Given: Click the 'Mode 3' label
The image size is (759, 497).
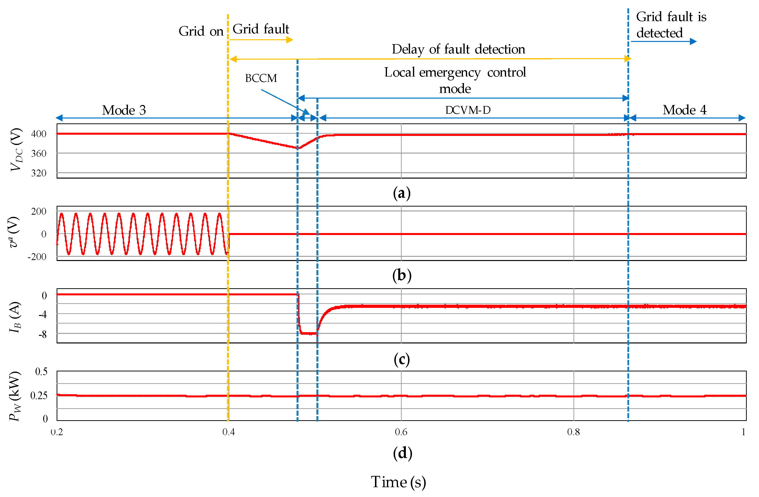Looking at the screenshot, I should pyautogui.click(x=124, y=110).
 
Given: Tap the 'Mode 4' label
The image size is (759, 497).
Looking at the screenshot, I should pyautogui.click(x=684, y=110).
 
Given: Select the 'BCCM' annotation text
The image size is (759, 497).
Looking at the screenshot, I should pyautogui.click(x=261, y=78).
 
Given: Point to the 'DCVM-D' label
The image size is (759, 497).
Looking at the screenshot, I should pyautogui.click(x=468, y=110).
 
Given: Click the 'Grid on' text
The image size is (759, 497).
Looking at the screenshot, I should pyautogui.click(x=201, y=31).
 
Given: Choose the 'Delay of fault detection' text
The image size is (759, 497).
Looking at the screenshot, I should pyautogui.click(x=458, y=49).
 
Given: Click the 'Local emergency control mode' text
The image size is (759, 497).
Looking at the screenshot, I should pyautogui.click(x=455, y=80).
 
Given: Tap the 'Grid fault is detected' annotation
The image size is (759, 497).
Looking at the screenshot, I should pyautogui.click(x=671, y=25).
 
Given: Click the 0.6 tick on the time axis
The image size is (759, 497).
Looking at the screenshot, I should pyautogui.click(x=401, y=432).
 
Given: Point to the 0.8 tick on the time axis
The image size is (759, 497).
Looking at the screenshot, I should pyautogui.click(x=573, y=432).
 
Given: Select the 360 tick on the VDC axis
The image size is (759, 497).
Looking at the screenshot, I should pyautogui.click(x=38, y=154).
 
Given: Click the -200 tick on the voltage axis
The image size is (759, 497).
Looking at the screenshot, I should pyautogui.click(x=37, y=257).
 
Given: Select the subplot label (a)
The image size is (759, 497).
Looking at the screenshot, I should pyautogui.click(x=401, y=193).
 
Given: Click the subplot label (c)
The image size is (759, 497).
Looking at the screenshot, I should pyautogui.click(x=401, y=359).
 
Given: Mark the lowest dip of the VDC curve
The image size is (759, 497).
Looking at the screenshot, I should pyautogui.click(x=298, y=148).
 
